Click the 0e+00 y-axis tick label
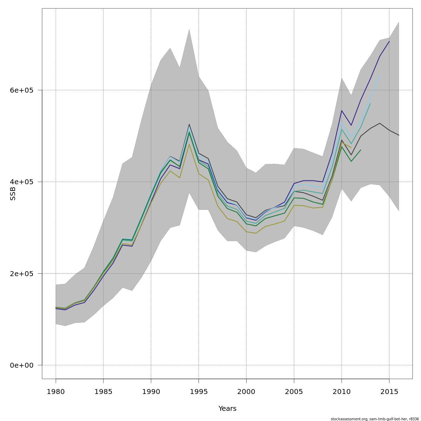click(21, 365)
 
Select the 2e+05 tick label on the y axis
click(21, 274)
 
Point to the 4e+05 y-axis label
click(21, 182)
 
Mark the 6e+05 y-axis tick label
click(21, 90)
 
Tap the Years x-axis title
click(227, 409)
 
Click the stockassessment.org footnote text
click(375, 419)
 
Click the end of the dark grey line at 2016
click(399, 135)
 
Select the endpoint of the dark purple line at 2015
click(389, 41)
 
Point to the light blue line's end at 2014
click(380, 75)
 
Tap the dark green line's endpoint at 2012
click(361, 150)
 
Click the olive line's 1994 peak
click(189, 144)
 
